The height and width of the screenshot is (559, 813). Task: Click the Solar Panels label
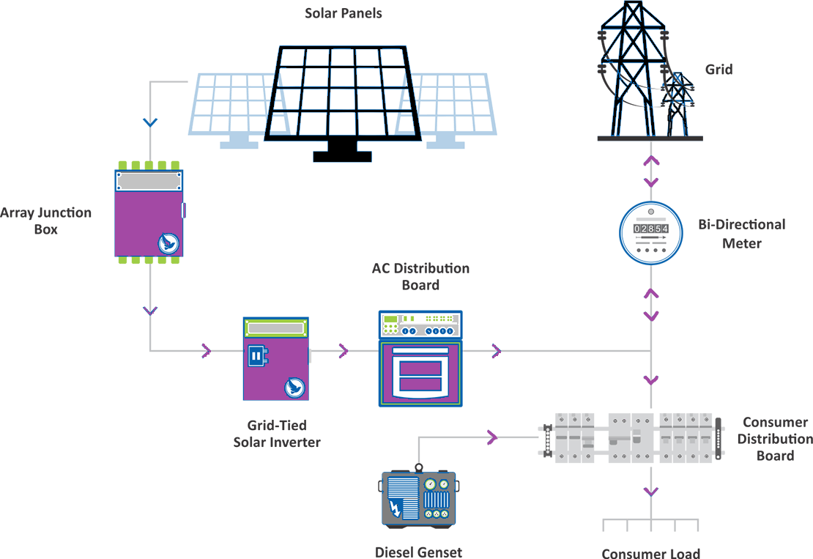point(344,13)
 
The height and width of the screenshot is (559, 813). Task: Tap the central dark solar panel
point(342,92)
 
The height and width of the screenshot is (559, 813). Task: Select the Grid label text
point(719,70)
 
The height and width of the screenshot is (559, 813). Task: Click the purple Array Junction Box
point(149,213)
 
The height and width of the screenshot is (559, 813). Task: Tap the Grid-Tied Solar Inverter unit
point(275,359)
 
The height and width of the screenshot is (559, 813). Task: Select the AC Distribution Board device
point(420,358)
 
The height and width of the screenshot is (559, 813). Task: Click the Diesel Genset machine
point(418,500)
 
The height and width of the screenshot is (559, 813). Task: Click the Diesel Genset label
point(418,552)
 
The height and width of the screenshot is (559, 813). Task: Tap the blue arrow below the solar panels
point(150,122)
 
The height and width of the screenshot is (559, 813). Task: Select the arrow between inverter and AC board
point(344,351)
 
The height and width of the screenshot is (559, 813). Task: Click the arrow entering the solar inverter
point(207,351)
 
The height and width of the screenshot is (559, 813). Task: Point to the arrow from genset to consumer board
point(492,438)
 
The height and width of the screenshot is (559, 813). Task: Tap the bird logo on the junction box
point(168,243)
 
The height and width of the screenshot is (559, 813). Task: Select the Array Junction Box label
point(45,221)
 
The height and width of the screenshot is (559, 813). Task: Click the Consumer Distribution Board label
point(775,439)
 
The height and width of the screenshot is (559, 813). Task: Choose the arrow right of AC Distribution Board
point(497,351)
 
